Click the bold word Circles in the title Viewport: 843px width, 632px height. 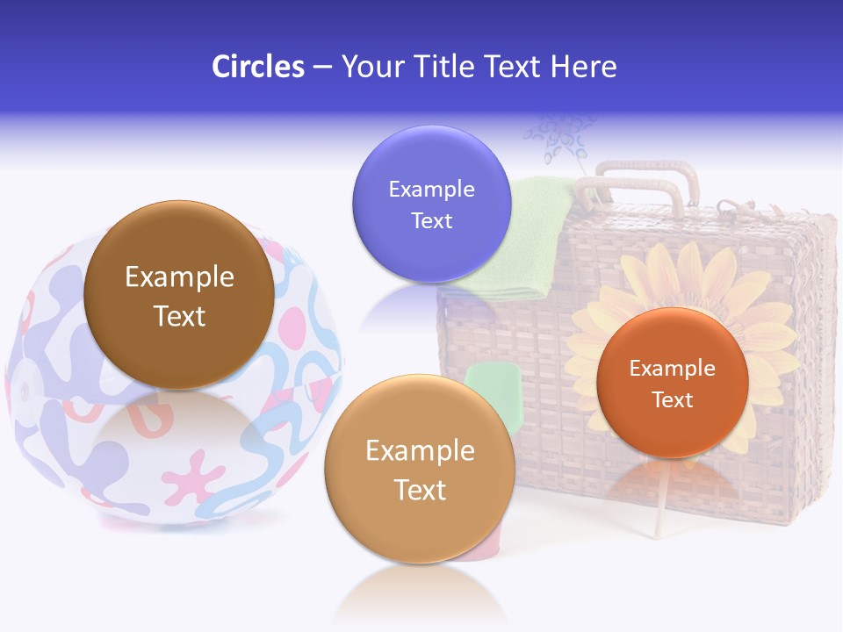(258, 67)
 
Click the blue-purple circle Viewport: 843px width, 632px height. (431, 204)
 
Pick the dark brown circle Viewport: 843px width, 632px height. (179, 295)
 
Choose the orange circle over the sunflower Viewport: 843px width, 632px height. (672, 383)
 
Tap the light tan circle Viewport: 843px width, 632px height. (420, 469)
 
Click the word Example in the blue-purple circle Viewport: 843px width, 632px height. (431, 190)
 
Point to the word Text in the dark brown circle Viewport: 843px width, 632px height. (179, 316)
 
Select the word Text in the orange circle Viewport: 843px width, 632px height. (673, 400)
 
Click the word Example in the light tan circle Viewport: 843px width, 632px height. (420, 451)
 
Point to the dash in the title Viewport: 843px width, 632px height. (322, 68)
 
